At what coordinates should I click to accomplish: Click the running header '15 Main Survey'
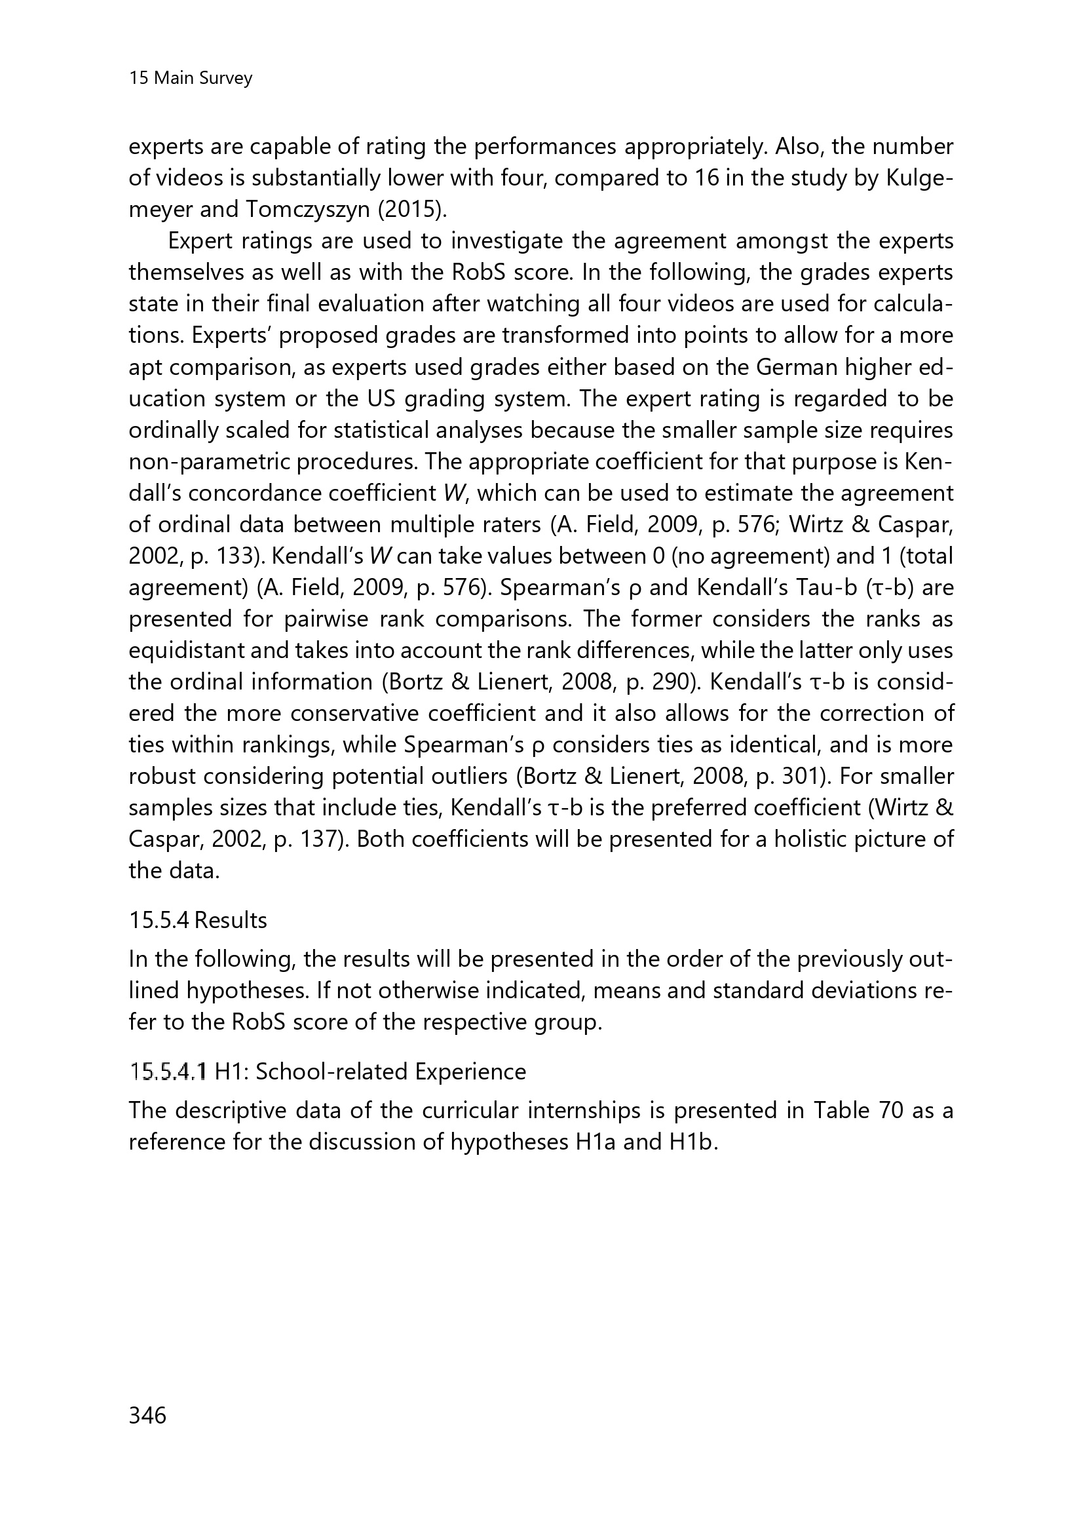(x=190, y=78)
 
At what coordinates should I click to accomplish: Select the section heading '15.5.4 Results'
(x=197, y=920)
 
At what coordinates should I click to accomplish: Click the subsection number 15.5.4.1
(x=169, y=1072)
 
